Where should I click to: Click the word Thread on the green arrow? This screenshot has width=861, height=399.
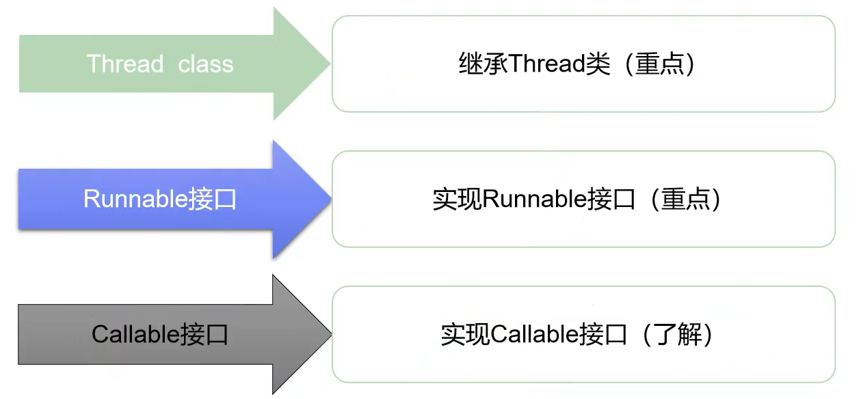pyautogui.click(x=125, y=64)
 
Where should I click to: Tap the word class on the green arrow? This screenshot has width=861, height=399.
pyautogui.click(x=206, y=64)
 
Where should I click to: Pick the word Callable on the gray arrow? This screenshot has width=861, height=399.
pyautogui.click(x=136, y=335)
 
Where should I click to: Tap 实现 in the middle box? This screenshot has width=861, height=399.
pyautogui.click(x=458, y=199)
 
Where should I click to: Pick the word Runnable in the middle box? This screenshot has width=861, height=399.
pyautogui.click(x=534, y=199)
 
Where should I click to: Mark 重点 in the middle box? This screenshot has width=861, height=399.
pyautogui.click(x=685, y=199)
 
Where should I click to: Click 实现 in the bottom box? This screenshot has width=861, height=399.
pyautogui.click(x=466, y=335)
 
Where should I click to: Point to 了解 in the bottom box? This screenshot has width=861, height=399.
pyautogui.click(x=678, y=335)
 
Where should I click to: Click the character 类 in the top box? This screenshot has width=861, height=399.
pyautogui.click(x=598, y=64)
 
